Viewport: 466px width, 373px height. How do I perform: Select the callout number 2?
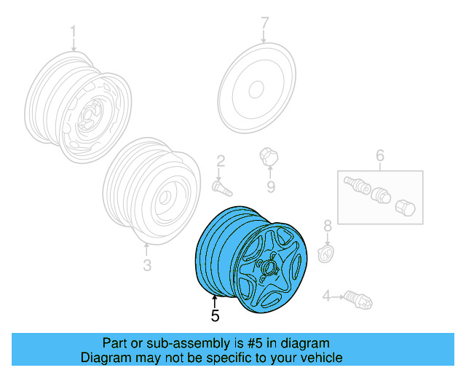click(x=220, y=161)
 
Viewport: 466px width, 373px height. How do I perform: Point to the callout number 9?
click(x=270, y=187)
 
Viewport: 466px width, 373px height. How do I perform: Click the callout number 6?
click(x=379, y=155)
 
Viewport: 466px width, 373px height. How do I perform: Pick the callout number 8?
click(x=328, y=227)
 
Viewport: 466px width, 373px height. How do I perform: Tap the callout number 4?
click(x=325, y=295)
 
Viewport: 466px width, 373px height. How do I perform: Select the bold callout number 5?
click(x=215, y=316)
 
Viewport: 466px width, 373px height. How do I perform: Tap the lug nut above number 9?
click(x=268, y=156)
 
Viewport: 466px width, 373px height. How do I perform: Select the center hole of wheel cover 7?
click(x=256, y=90)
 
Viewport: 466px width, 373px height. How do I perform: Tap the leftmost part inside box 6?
click(x=355, y=184)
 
